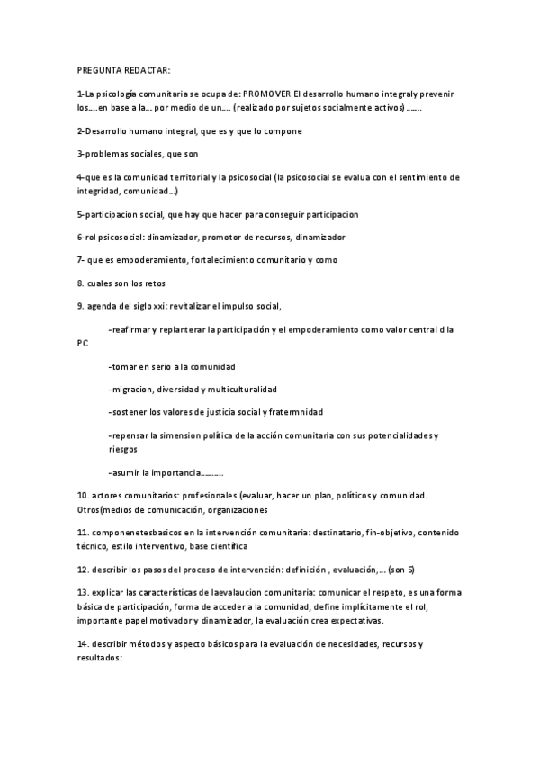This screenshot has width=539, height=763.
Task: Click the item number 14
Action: (x=83, y=644)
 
